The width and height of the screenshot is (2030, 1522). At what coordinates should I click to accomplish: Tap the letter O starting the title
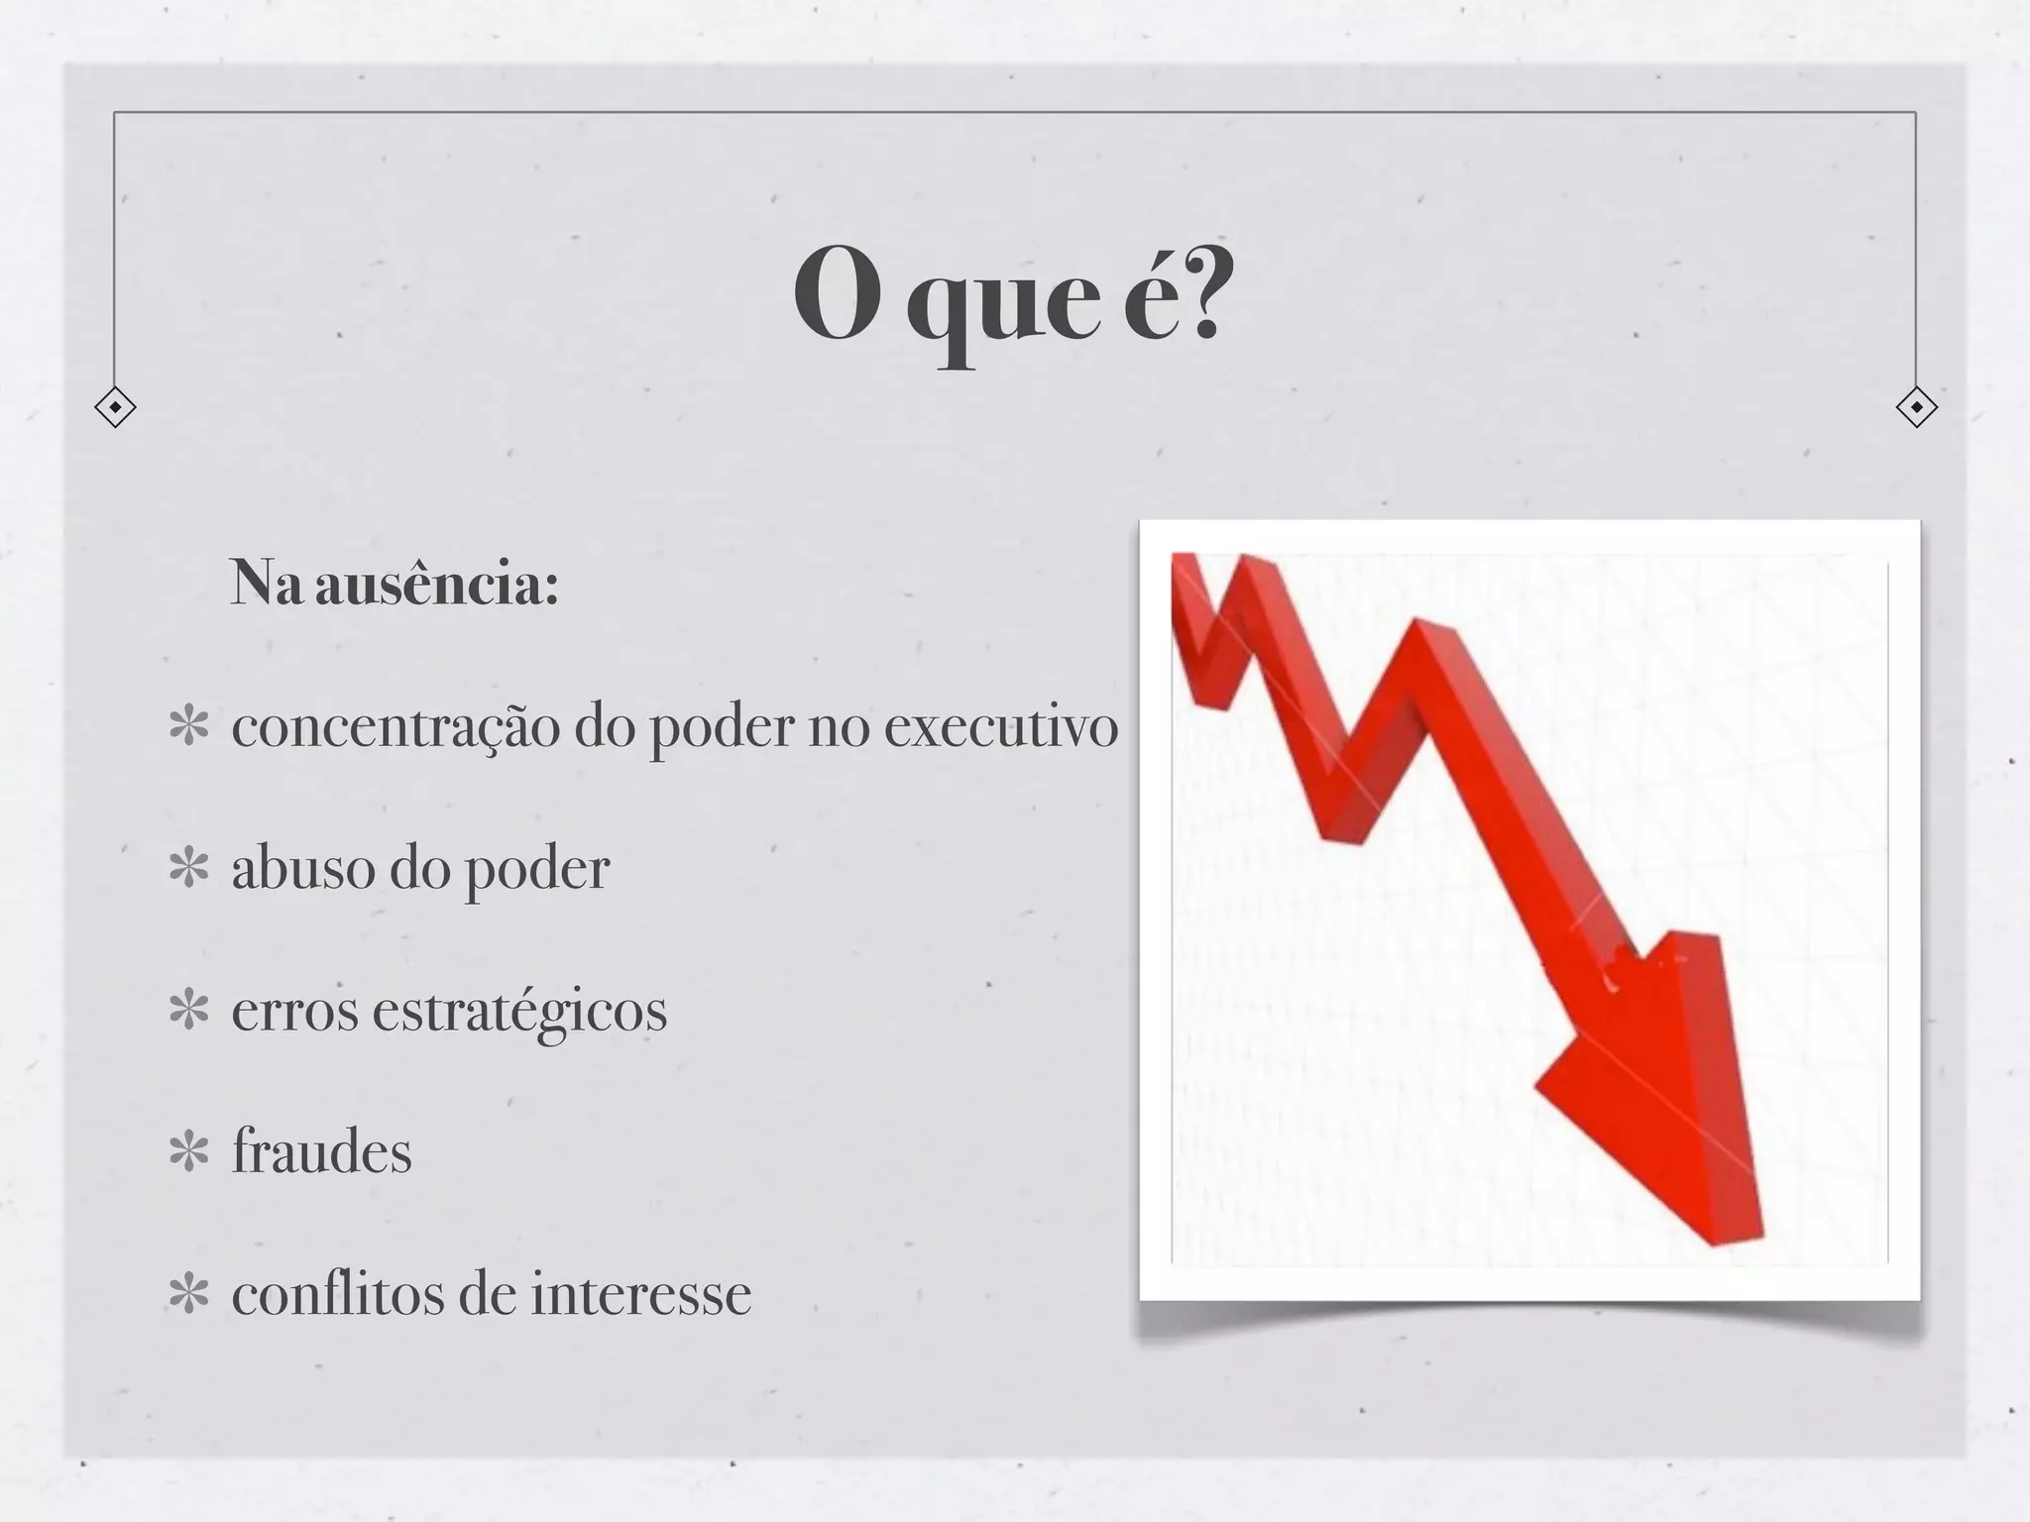[x=838, y=294]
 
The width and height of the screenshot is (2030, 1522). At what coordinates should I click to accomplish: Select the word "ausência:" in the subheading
[x=437, y=584]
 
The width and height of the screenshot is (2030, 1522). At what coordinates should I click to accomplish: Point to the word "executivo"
[x=1000, y=726]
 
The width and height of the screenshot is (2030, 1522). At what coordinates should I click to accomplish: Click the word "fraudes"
[x=321, y=1153]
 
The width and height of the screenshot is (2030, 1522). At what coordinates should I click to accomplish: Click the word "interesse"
[x=640, y=1295]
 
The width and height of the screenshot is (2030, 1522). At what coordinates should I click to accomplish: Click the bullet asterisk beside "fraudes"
[x=188, y=1153]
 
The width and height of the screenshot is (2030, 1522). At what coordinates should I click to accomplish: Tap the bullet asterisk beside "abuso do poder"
[x=188, y=869]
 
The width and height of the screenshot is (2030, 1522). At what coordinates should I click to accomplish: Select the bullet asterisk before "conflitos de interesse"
[x=188, y=1295]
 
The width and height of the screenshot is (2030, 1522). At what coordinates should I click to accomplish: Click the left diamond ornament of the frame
[x=115, y=407]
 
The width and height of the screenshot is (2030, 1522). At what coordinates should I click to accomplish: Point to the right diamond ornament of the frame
[x=1916, y=407]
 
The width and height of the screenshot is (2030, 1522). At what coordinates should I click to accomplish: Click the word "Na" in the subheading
[x=265, y=584]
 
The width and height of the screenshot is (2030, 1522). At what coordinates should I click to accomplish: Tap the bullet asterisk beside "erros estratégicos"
[x=188, y=1011]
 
